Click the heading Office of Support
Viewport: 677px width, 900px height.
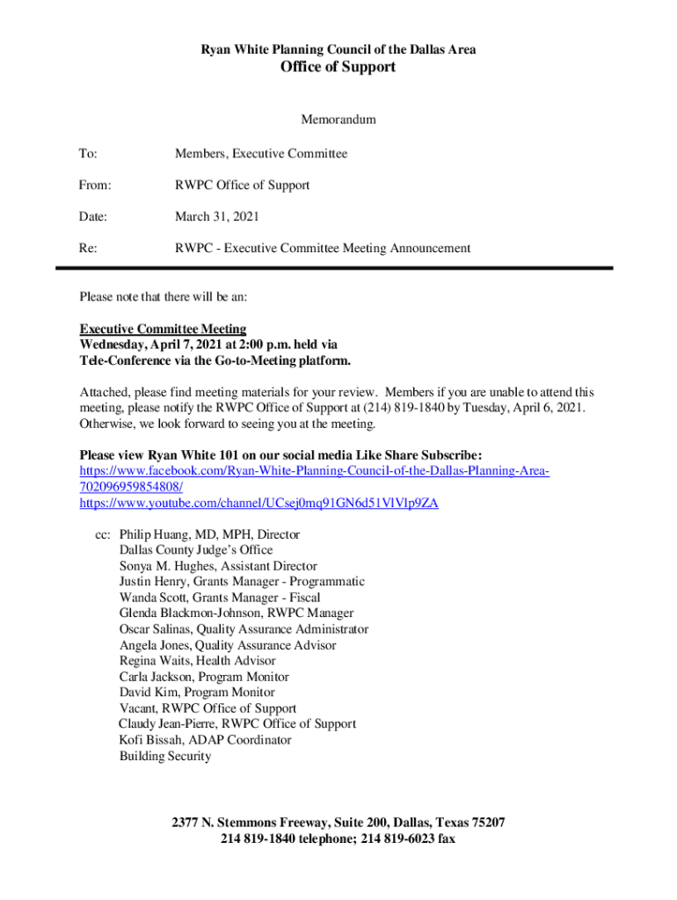(338, 68)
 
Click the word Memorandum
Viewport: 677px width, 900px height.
(338, 119)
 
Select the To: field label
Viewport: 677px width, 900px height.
(88, 154)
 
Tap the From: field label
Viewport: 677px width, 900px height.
(95, 185)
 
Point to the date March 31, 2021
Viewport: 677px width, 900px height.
(216, 216)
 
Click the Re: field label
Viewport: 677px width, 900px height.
(88, 248)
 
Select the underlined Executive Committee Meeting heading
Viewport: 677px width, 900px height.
(163, 329)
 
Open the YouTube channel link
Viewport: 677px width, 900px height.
(258, 504)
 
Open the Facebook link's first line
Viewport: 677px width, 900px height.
(314, 472)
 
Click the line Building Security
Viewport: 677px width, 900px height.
(164, 756)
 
